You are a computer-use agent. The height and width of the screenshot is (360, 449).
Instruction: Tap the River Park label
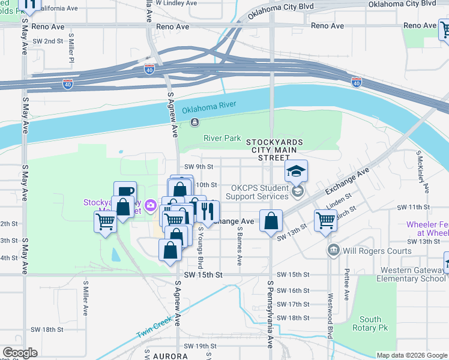pyautogui.click(x=222, y=138)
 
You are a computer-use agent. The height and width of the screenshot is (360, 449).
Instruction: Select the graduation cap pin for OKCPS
pyautogui.click(x=296, y=172)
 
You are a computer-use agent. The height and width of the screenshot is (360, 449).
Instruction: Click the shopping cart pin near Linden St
pyautogui.click(x=325, y=220)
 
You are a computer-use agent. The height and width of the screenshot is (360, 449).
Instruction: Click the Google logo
pyautogui.click(x=20, y=353)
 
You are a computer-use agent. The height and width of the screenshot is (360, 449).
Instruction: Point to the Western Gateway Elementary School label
pyautogui.click(x=411, y=274)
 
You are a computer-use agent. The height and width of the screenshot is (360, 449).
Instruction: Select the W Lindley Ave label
pyautogui.click(x=176, y=3)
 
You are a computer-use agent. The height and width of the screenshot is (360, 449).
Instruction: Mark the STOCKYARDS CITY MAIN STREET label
pyautogui.click(x=274, y=149)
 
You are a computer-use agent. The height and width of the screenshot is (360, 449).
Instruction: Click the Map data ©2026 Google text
pyautogui.click(x=411, y=355)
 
